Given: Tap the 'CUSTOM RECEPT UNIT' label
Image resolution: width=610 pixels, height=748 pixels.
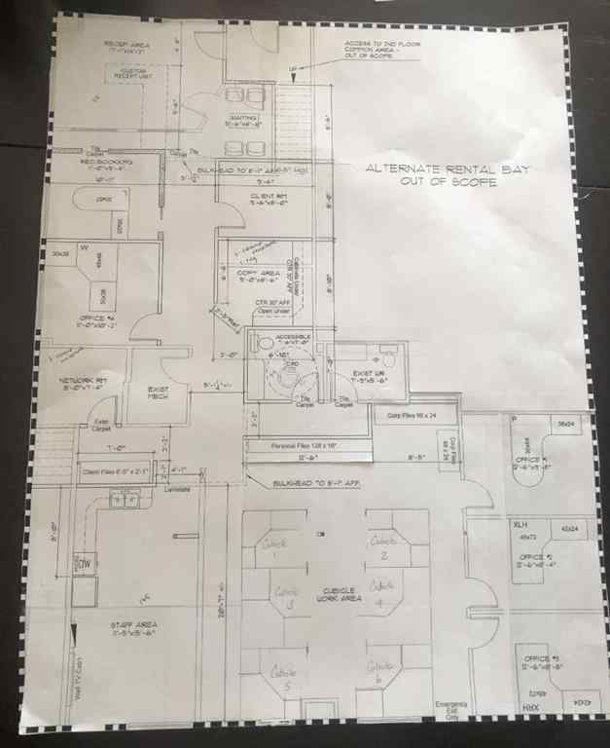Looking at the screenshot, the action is (x=131, y=74).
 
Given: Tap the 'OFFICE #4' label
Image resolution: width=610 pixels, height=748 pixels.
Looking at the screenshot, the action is (x=99, y=320).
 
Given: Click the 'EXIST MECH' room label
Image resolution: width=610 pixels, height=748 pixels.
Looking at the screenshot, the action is (x=159, y=392).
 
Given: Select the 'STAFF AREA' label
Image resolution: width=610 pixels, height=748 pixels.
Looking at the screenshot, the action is (x=134, y=627).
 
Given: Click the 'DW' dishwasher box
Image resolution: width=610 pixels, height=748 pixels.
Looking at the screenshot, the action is (x=85, y=563).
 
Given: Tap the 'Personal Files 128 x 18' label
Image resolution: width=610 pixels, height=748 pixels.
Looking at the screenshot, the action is (x=305, y=445).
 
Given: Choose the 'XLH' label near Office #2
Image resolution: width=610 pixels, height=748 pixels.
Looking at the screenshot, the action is (x=520, y=524).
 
